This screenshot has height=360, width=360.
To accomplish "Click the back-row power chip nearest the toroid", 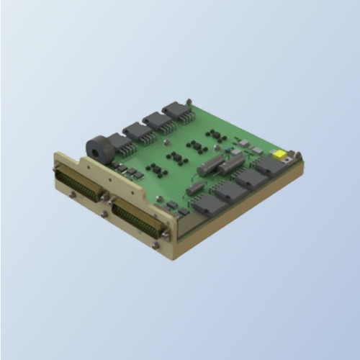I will click(137, 132).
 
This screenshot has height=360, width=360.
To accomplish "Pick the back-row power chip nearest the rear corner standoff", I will click(176, 112).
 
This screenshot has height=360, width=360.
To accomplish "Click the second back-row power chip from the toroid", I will click(157, 122).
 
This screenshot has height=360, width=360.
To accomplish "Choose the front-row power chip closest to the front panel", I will click(209, 203).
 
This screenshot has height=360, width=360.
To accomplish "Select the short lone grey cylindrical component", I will click(194, 188).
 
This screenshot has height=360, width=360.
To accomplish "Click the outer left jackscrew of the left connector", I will click(56, 171).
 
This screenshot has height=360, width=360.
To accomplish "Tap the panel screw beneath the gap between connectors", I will click(105, 213).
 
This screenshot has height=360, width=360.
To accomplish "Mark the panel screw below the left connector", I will click(72, 195).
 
